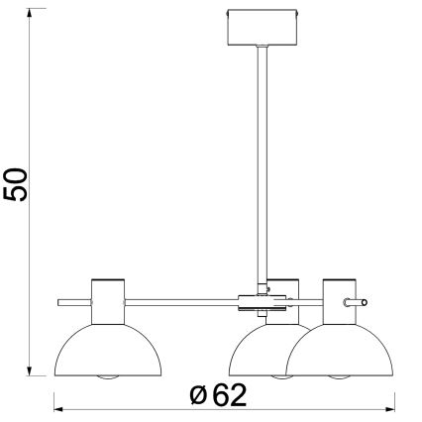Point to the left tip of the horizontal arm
(x=59, y=300)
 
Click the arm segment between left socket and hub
(x=178, y=300)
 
